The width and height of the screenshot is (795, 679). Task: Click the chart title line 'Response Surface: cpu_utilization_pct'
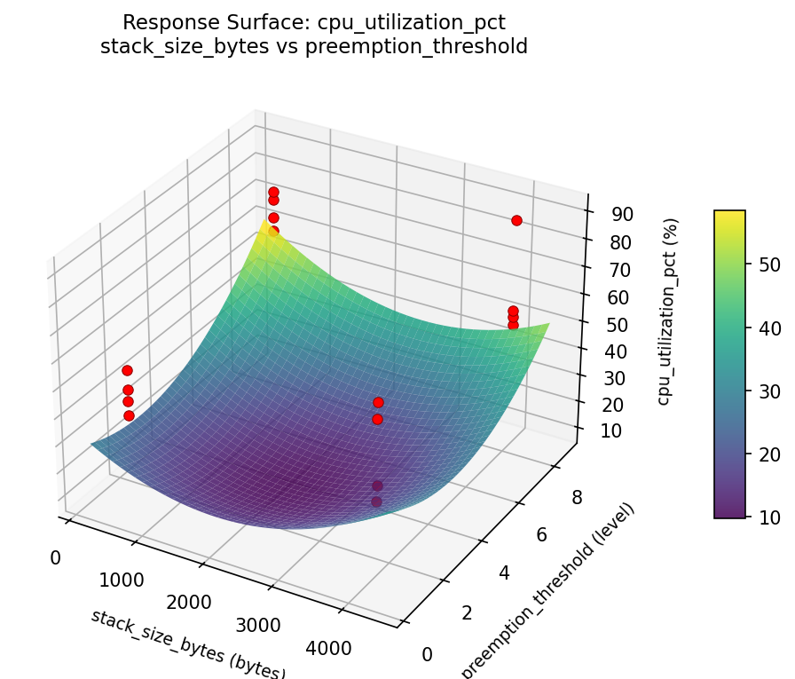pos(314,22)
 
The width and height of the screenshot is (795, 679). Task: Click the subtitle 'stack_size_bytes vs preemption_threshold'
pos(314,46)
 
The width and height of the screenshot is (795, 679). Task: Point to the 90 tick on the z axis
pos(620,214)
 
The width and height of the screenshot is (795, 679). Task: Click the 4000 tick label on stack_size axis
pos(329,649)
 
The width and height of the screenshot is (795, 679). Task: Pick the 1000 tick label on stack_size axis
pos(122,580)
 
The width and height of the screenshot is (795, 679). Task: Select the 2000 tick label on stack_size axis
pos(188,603)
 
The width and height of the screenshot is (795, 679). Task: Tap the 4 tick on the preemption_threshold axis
pos(502,573)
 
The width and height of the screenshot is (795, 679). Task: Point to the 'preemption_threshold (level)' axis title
pos(549,591)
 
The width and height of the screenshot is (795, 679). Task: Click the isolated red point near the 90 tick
pos(516,220)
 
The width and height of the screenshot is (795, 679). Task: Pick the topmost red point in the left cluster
pos(127,370)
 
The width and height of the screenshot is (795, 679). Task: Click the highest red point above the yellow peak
pos(273,192)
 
